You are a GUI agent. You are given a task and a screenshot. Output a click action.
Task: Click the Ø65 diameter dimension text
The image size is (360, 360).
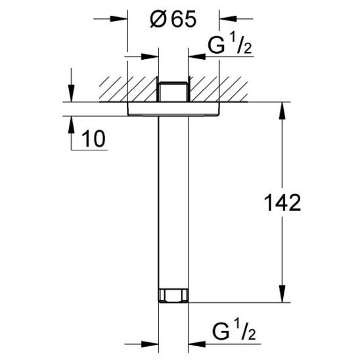tap(173, 19)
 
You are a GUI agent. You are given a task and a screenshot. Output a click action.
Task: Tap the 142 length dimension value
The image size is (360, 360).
tap(282, 202)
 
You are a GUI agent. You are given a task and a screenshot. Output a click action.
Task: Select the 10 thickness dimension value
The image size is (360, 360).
tap(93, 139)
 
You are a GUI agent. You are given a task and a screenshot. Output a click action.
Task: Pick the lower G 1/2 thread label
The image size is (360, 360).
tap(234, 331)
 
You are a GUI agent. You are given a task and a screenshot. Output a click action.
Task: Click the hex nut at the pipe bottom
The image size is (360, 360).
tap(173, 296)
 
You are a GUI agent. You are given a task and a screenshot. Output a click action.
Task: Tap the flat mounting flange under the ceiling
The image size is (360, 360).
tap(173, 109)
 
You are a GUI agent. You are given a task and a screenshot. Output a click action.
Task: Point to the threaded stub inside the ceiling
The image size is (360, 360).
tap(173, 91)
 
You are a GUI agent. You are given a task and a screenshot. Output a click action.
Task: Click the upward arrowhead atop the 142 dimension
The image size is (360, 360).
tap(282, 111)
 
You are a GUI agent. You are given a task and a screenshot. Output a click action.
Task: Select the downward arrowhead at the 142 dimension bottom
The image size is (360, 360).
tap(282, 294)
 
